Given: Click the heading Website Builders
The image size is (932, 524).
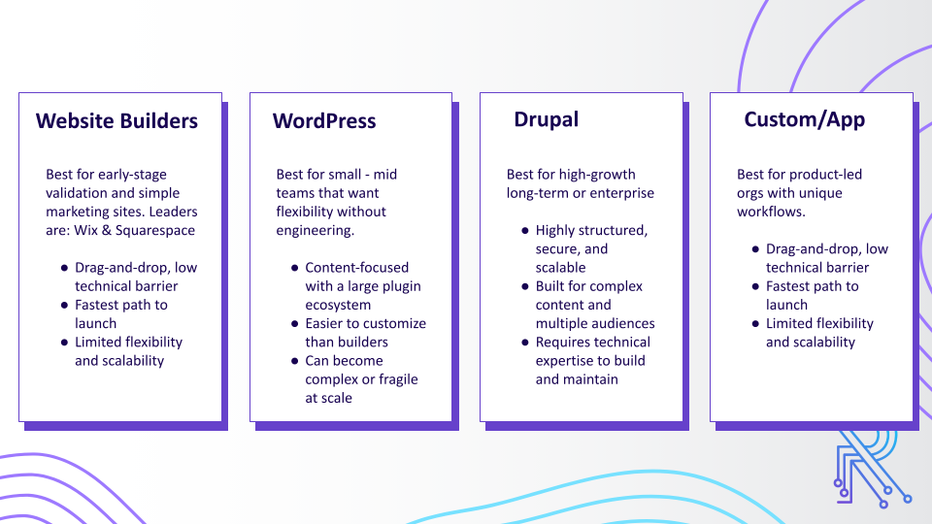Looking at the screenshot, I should [x=116, y=121].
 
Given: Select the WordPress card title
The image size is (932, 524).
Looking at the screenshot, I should [x=323, y=121].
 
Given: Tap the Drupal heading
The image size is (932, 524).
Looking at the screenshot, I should [x=546, y=119].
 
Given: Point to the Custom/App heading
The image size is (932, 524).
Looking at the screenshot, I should [x=804, y=119].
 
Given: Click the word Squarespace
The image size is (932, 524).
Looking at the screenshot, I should [x=155, y=230].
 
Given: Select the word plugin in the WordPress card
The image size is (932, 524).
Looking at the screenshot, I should [x=401, y=286].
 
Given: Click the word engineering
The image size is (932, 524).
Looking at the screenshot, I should [x=315, y=230].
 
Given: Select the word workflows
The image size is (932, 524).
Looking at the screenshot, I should [x=771, y=212].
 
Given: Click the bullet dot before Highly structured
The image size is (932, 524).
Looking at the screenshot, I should [x=523, y=231].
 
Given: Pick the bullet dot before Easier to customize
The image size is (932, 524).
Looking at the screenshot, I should [x=293, y=324].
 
